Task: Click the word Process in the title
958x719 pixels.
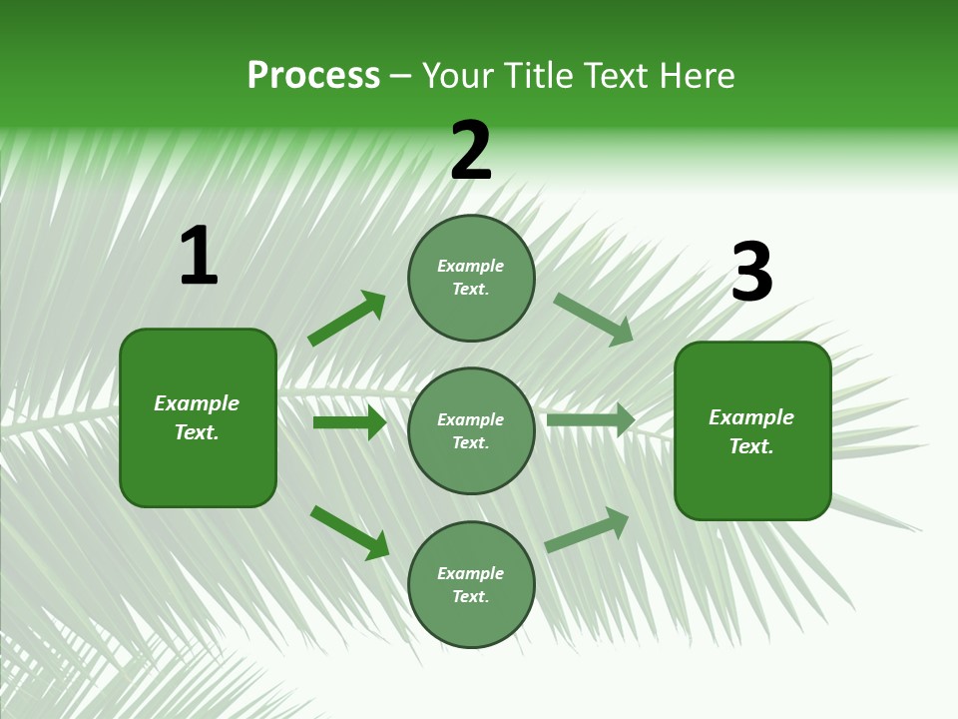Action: pos(313,76)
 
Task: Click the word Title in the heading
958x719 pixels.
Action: pos(537,76)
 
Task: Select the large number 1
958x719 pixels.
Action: pos(199,257)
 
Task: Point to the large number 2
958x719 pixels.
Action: pos(471,152)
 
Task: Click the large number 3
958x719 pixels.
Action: pos(751,273)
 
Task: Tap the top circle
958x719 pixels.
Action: pos(471,278)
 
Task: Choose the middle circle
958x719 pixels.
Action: pos(471,431)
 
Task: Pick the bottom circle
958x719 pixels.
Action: pos(471,585)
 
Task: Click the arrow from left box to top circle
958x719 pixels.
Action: pos(347,319)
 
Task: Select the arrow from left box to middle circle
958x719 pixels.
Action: pos(349,422)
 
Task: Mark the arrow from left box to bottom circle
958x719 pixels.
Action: pos(349,532)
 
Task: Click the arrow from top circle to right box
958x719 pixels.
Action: pos(594,319)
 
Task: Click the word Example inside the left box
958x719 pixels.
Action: pos(197,403)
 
